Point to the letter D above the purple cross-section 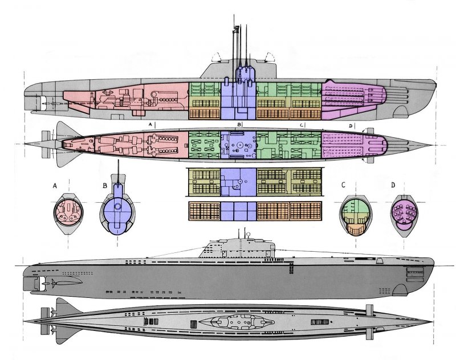point(393,185)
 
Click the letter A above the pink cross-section point(55,185)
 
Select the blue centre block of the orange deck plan point(238,210)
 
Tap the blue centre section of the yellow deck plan point(238,182)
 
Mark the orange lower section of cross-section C point(355,228)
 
